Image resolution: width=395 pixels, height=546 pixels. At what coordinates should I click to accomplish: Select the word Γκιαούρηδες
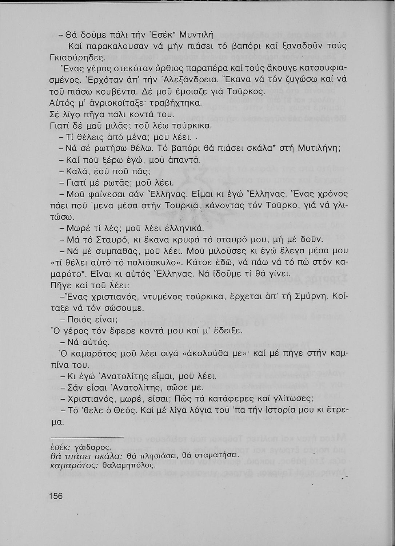point(76,58)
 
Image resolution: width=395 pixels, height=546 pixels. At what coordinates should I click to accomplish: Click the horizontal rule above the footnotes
point(87,436)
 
